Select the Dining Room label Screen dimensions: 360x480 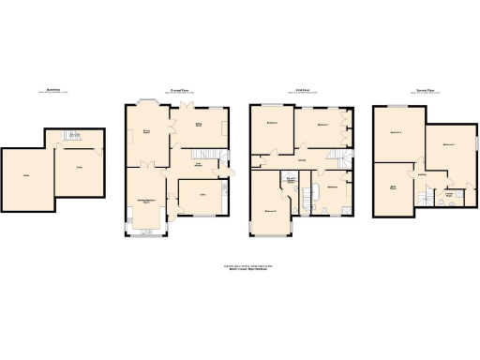[145, 131]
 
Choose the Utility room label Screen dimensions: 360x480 [202, 194]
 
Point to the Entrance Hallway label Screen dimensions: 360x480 [199, 165]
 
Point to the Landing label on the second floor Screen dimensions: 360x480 [422, 173]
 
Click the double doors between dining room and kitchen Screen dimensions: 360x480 [146, 165]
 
